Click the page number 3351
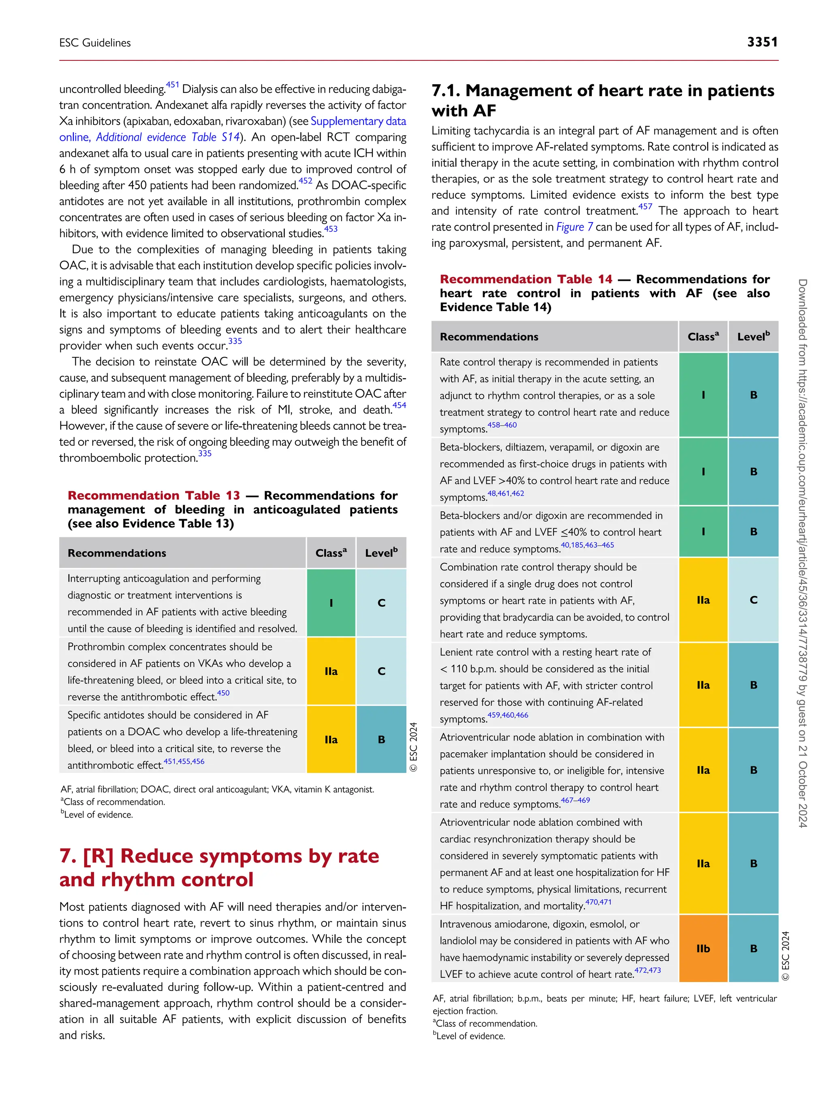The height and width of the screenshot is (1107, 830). pyautogui.click(x=762, y=42)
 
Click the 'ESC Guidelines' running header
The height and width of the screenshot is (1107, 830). pyautogui.click(x=95, y=43)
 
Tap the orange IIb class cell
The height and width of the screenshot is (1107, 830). pyautogui.click(x=703, y=949)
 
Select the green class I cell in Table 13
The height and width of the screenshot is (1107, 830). pyautogui.click(x=331, y=602)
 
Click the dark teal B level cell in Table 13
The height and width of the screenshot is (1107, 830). pyautogui.click(x=381, y=739)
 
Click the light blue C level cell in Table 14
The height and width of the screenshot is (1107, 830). pyautogui.click(x=753, y=600)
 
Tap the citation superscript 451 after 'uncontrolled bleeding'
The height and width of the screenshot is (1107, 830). pyautogui.click(x=173, y=85)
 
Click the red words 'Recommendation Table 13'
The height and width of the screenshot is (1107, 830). pyautogui.click(x=154, y=495)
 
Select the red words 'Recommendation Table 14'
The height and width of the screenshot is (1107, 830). pyautogui.click(x=526, y=279)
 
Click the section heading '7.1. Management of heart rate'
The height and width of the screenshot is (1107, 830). pyautogui.click(x=602, y=91)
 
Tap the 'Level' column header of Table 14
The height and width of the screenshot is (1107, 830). pyautogui.click(x=753, y=337)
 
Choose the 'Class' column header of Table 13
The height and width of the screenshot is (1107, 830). pyautogui.click(x=331, y=553)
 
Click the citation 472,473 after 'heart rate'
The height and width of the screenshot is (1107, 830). pyautogui.click(x=647, y=970)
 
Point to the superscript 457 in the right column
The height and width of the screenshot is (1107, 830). pyautogui.click(x=645, y=207)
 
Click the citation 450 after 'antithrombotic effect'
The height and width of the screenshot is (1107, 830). pyautogui.click(x=223, y=693)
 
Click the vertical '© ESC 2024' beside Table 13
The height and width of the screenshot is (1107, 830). pyautogui.click(x=413, y=747)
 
